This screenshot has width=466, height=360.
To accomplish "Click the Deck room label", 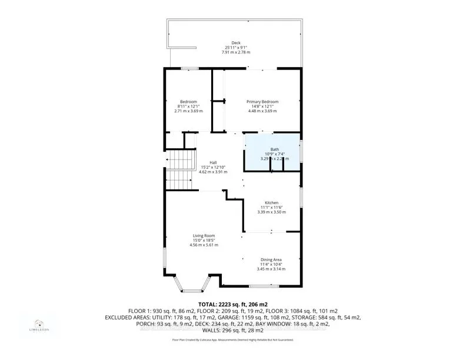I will pos(236,42).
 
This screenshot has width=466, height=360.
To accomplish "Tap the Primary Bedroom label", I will pos(262,101).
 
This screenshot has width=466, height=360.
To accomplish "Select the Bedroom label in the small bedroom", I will pos(188,101).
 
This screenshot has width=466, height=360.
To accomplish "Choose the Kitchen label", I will pos(271,202).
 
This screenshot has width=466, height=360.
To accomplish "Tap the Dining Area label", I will pos(271,259).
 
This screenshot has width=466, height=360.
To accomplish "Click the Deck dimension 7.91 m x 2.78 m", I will pos(236,52).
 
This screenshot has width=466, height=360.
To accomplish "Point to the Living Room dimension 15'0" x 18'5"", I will pos(204,240).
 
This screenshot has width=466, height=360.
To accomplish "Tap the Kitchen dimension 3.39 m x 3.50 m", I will pos(271,212).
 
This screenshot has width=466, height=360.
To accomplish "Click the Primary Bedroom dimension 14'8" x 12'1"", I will pos(262,106).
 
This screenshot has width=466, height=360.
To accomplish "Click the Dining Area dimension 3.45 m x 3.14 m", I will pos(271,269).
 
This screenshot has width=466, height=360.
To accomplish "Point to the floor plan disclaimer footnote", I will pos(232,339).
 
